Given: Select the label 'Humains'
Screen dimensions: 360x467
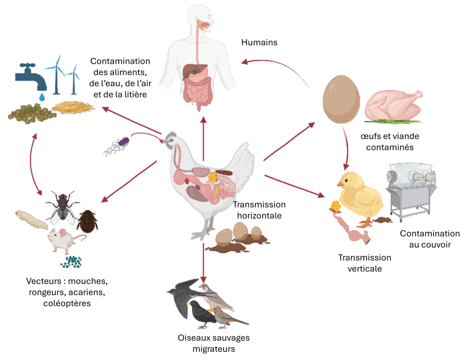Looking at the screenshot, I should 259,42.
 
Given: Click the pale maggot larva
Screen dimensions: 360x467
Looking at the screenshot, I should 31,219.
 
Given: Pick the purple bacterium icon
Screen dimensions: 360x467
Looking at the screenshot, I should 122,142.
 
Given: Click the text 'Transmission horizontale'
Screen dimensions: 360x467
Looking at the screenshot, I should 259,210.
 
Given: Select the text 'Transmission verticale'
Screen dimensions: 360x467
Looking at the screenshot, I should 364,263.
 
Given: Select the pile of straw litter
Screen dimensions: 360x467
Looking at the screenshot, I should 73,108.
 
